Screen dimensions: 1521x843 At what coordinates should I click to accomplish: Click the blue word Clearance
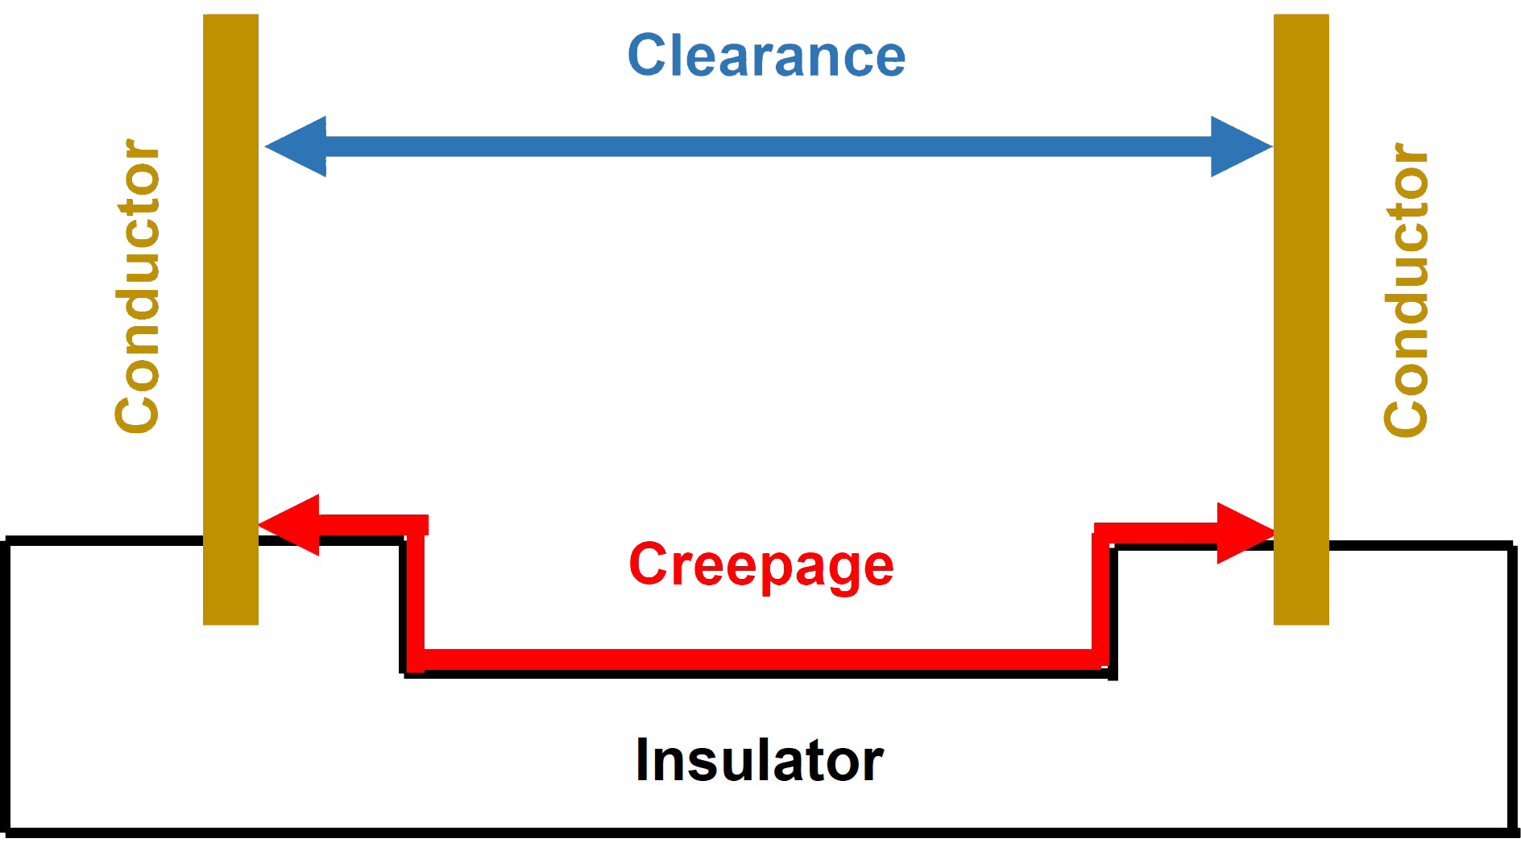pos(766,56)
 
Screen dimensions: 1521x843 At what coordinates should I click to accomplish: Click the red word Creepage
pos(761,566)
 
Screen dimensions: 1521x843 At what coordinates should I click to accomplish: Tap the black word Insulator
pos(759,760)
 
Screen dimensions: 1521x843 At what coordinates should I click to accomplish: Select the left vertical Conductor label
pos(138,287)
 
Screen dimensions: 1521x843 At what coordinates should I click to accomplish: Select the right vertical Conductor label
pos(1406,290)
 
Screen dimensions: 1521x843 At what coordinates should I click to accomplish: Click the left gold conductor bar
pos(230,320)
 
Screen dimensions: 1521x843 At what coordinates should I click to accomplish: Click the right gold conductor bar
pos(1301,320)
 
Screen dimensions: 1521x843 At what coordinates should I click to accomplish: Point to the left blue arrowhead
pos(296,147)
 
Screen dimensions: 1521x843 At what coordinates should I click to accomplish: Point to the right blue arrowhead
pos(1241,147)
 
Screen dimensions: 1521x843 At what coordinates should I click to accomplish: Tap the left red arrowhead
pos(288,525)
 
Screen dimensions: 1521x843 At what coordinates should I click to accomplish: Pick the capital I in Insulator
pos(642,760)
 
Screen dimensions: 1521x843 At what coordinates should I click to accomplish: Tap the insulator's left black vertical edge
pos(8,684)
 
